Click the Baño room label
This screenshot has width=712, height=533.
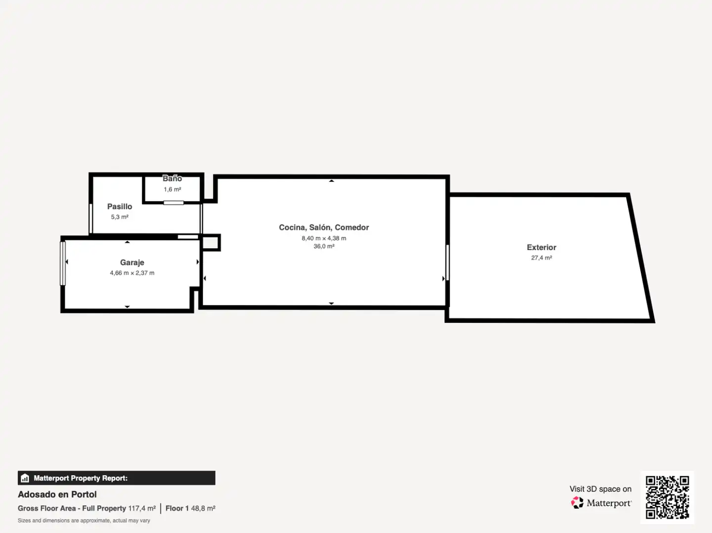click(x=172, y=178)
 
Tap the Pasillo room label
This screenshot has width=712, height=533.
click(x=120, y=206)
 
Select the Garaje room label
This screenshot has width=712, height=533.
click(x=132, y=263)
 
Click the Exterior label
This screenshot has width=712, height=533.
click(x=542, y=247)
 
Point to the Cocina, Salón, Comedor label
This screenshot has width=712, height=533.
click(x=324, y=228)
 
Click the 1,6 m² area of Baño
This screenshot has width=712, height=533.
click(x=172, y=189)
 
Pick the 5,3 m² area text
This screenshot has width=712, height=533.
click(x=120, y=217)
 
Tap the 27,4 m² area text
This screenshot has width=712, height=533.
click(x=542, y=258)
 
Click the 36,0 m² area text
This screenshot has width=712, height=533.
click(x=324, y=246)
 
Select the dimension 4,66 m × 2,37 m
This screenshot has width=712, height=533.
click(x=132, y=273)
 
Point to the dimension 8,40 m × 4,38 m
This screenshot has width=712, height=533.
click(x=324, y=238)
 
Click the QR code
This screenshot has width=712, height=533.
click(x=667, y=497)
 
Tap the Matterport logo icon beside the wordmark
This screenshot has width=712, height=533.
click(x=577, y=502)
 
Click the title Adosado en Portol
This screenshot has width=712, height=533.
click(x=57, y=495)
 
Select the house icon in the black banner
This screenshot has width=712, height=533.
click(x=25, y=478)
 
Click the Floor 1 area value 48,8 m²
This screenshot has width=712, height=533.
click(x=203, y=508)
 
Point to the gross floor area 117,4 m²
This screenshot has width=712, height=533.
click(x=142, y=508)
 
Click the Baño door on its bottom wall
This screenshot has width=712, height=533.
click(x=173, y=203)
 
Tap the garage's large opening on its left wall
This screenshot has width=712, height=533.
click(x=63, y=264)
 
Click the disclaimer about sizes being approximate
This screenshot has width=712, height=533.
click(x=84, y=520)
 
